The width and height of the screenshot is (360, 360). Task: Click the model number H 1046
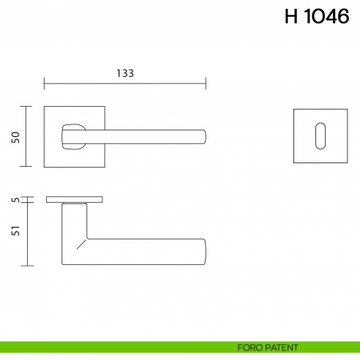coord(316,18)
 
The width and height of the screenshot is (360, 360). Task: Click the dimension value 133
coord(125,73)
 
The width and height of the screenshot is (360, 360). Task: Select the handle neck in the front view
coord(73,136)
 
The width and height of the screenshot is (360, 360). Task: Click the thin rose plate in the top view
coord(75,199)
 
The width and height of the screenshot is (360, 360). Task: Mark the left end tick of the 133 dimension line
coord(45,81)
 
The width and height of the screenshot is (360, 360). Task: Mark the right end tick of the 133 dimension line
coord(206,81)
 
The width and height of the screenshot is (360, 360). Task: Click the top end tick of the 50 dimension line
coord(27,107)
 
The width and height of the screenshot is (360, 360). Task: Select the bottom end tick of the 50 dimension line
coord(27,167)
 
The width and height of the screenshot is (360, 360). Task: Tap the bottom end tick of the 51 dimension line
coord(27,265)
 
